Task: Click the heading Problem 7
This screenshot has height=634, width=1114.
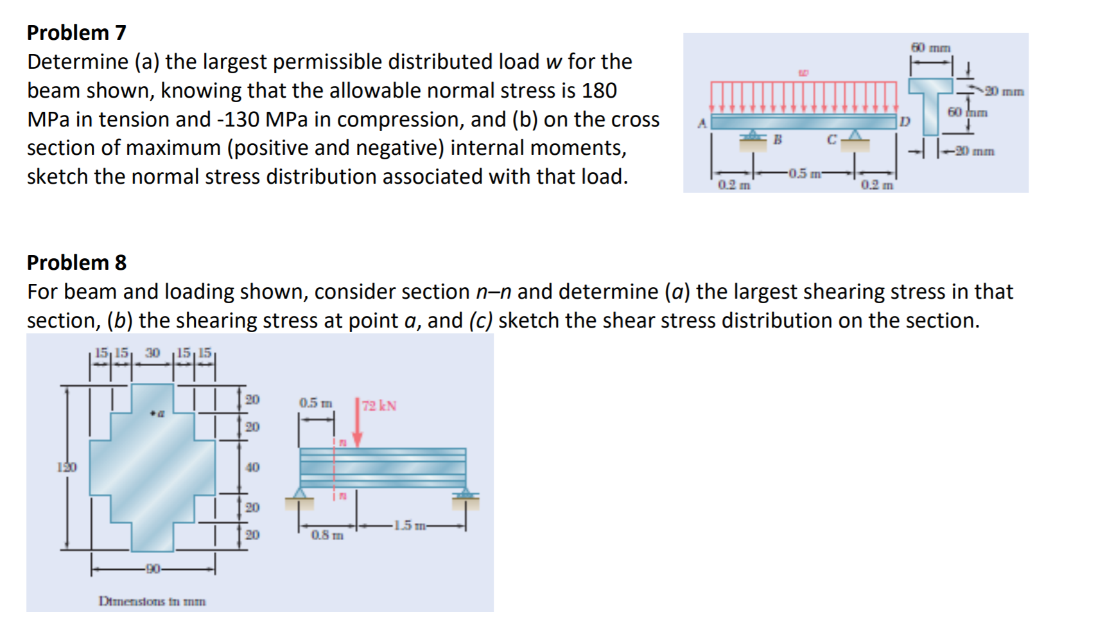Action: pyautogui.click(x=76, y=32)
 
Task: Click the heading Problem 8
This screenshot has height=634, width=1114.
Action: pyautogui.click(x=76, y=262)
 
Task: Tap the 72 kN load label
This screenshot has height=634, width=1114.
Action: pyautogui.click(x=379, y=406)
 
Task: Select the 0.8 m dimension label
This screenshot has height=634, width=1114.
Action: pyautogui.click(x=327, y=535)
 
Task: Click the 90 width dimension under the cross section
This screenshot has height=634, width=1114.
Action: pyautogui.click(x=153, y=568)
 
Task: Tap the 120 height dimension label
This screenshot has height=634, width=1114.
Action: pyautogui.click(x=66, y=467)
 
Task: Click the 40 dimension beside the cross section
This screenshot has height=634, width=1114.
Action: pyautogui.click(x=252, y=467)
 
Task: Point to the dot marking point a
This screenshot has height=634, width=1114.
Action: pyautogui.click(x=152, y=413)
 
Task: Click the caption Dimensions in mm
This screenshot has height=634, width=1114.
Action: pyautogui.click(x=152, y=601)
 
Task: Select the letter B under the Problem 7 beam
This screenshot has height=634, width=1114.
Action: pyautogui.click(x=777, y=139)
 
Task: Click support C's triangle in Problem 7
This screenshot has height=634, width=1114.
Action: pyautogui.click(x=855, y=135)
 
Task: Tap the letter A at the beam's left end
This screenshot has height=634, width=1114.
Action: pyautogui.click(x=702, y=122)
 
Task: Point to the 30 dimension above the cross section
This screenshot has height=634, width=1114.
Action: pyautogui.click(x=152, y=353)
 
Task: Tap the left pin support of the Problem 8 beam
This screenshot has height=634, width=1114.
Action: pyautogui.click(x=300, y=495)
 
